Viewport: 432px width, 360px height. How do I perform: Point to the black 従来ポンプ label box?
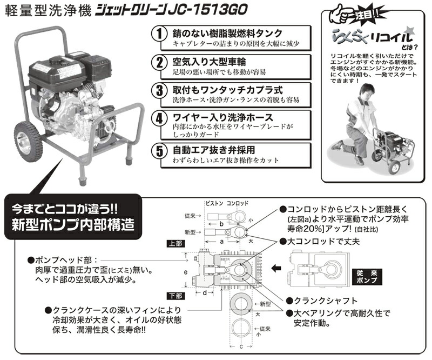[x=367, y=277]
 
